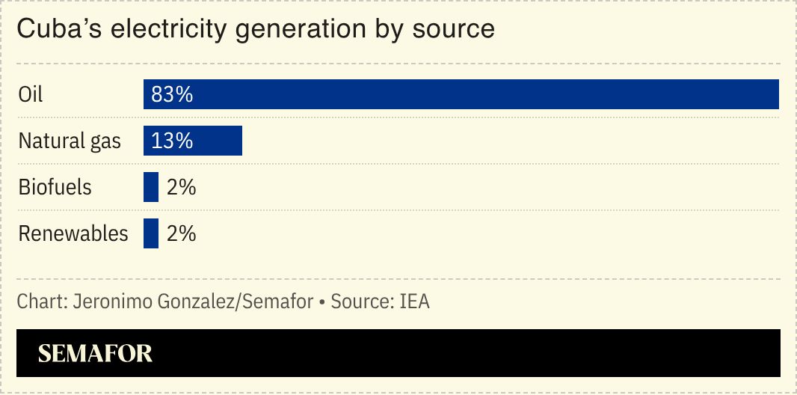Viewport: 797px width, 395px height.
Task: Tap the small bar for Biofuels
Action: pyautogui.click(x=151, y=187)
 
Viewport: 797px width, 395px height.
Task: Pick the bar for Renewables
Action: pyautogui.click(x=151, y=233)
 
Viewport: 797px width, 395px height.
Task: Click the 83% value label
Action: pyautogui.click(x=172, y=94)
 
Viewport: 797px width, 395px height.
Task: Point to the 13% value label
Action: pyautogui.click(x=172, y=141)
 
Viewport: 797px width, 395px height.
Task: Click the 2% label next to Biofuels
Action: pyautogui.click(x=181, y=187)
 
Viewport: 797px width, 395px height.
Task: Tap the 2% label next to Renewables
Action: pyautogui.click(x=181, y=233)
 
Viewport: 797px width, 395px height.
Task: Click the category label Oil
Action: pyautogui.click(x=31, y=94)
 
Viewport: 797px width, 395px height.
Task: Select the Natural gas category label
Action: pyautogui.click(x=70, y=141)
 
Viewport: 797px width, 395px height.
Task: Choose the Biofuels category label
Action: pyautogui.click(x=55, y=187)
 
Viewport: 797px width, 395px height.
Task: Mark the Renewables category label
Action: pyautogui.click(x=73, y=233)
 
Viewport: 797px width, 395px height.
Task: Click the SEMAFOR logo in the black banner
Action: pyautogui.click(x=95, y=353)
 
